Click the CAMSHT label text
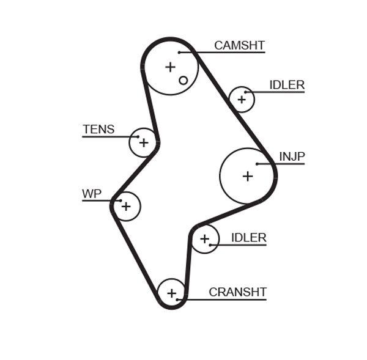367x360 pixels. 239,46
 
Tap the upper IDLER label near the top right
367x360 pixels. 286,85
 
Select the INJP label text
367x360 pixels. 292,156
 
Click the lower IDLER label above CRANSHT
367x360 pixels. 248,238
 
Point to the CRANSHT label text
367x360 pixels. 237,292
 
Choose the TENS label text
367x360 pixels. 98,129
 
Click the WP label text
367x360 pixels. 92,194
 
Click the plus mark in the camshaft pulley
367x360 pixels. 170,67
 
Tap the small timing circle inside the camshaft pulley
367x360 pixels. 183,80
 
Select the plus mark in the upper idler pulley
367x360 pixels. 241,99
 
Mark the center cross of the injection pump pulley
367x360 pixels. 247,176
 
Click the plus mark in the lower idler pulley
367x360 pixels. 205,239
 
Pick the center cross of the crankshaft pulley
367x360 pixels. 172,292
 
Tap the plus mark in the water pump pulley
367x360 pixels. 125,207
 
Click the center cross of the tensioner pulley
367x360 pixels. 143,142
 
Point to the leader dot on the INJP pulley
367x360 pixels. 258,164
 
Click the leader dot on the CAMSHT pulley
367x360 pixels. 179,53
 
